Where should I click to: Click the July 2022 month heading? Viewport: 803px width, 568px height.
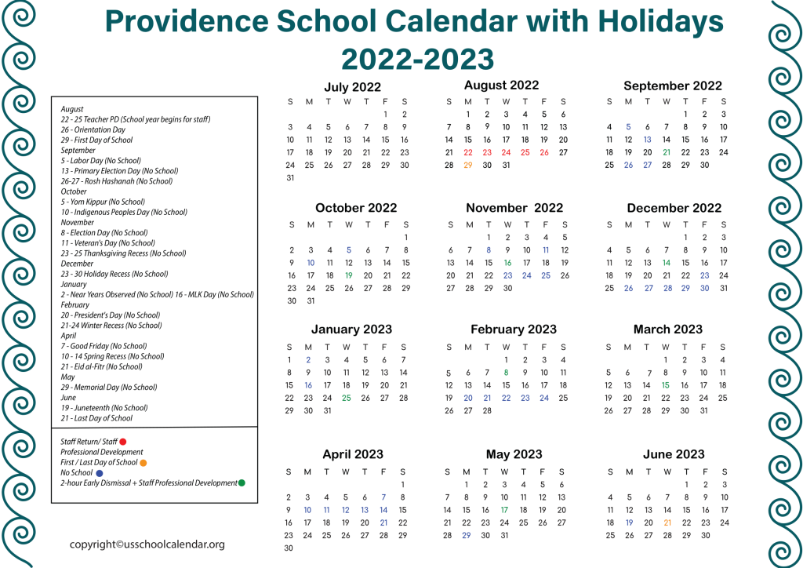(352, 87)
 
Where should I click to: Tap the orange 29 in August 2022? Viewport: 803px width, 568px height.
(468, 165)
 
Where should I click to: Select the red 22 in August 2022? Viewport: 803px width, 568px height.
(468, 152)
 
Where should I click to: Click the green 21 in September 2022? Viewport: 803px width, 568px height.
(667, 152)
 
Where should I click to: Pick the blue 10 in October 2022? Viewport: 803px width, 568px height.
(311, 263)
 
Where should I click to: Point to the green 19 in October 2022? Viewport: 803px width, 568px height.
(349, 275)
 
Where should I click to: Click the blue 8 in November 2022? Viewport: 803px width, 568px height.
(489, 250)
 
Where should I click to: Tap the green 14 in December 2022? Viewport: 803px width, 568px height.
(667, 263)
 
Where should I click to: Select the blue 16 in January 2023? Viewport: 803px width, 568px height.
(308, 385)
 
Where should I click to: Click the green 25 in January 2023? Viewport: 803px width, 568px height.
(347, 398)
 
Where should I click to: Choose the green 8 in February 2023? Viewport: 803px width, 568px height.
(507, 373)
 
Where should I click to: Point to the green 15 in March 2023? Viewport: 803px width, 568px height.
(665, 385)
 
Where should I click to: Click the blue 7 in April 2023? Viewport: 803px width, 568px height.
(383, 497)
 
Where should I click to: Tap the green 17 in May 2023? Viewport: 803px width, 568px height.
(504, 510)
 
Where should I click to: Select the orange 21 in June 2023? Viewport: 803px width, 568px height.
(667, 522)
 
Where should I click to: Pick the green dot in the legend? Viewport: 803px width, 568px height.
(242, 483)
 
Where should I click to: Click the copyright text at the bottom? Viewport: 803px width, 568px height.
(147, 544)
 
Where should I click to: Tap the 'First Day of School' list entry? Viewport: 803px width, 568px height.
(96, 140)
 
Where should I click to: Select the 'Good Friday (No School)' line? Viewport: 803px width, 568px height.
(104, 346)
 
